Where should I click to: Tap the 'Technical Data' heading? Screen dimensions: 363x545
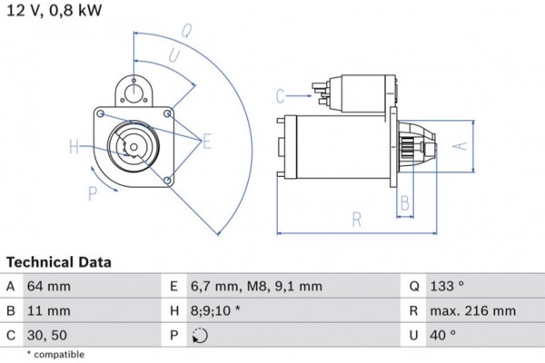(x=59, y=262)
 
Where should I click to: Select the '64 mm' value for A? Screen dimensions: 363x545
(x=50, y=287)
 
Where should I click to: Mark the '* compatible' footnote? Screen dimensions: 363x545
(x=55, y=354)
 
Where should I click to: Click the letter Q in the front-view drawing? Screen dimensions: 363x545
(x=186, y=29)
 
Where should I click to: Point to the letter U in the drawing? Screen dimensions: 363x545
(x=173, y=55)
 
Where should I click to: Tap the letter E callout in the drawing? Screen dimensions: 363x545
(x=207, y=141)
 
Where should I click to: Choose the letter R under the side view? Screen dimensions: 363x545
(x=357, y=219)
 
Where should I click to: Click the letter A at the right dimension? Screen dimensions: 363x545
(x=460, y=145)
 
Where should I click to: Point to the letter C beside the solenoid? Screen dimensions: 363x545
(x=281, y=95)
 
